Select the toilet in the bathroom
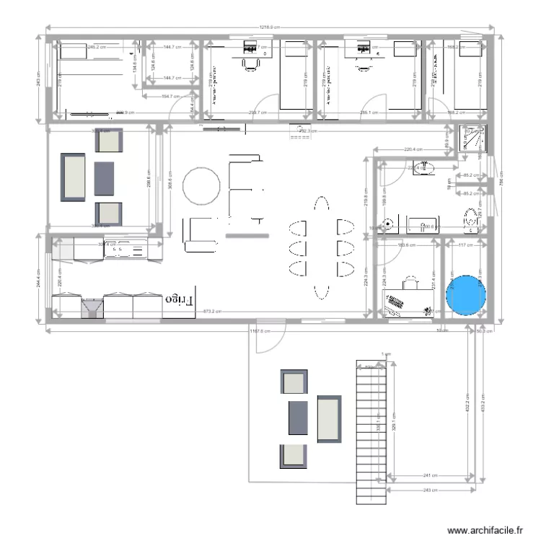click(471, 219)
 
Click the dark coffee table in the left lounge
click(105, 177)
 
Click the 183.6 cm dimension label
click(408, 245)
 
